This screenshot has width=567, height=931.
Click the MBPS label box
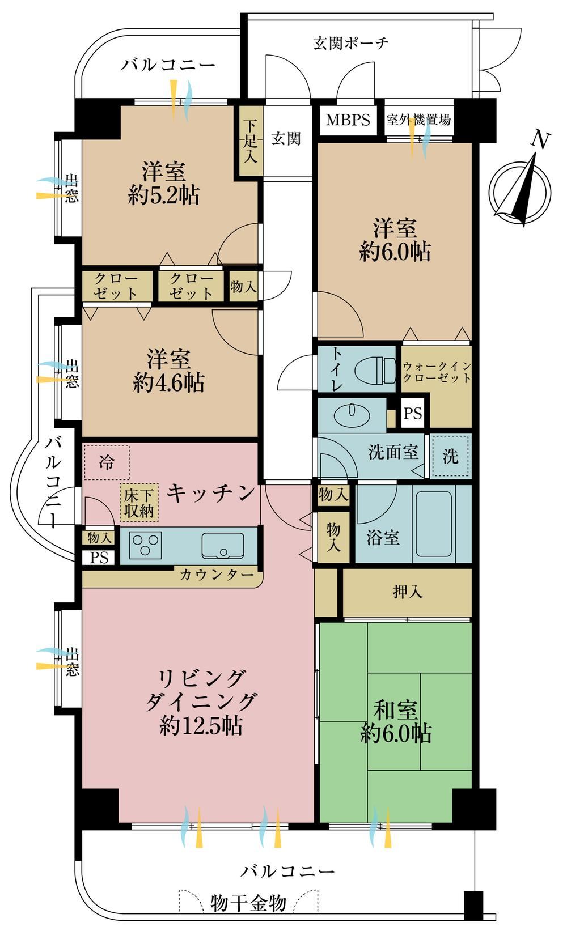click(348, 120)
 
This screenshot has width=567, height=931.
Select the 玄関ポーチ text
click(350, 43)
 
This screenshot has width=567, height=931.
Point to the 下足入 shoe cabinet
click(251, 141)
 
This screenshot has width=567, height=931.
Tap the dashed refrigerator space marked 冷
click(107, 462)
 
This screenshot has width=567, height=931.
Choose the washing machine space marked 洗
click(451, 456)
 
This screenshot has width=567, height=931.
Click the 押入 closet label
click(407, 592)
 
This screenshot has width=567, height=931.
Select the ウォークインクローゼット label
click(437, 372)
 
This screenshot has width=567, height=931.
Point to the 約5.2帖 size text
click(164, 194)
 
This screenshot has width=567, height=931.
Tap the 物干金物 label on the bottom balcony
click(248, 903)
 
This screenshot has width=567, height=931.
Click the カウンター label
click(217, 575)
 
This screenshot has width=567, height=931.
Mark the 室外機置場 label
click(418, 120)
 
